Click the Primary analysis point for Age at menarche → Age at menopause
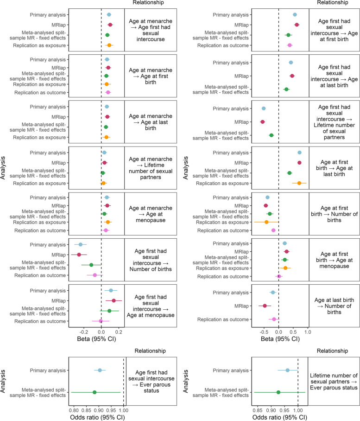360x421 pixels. [107, 198]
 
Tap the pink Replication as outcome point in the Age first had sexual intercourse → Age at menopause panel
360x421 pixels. [101, 321]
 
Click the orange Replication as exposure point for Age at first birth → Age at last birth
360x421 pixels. [299, 183]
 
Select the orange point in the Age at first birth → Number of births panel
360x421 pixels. [266, 222]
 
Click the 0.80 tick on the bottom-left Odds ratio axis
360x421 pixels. [73, 411]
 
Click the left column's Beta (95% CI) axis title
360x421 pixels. [96, 339]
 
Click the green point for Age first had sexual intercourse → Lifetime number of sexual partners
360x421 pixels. [272, 135]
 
